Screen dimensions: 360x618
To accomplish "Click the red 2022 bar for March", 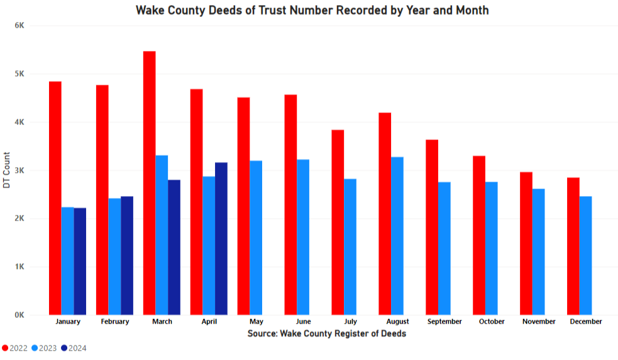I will [x=149, y=183].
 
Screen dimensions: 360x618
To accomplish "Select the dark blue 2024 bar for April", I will [x=221, y=239].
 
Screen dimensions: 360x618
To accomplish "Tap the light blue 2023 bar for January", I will [x=67, y=261].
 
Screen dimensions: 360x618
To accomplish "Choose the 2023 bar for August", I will [x=397, y=236].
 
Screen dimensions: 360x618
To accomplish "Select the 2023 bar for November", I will [x=538, y=251].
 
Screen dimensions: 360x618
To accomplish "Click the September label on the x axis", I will [x=444, y=322].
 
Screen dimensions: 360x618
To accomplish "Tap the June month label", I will [x=303, y=322].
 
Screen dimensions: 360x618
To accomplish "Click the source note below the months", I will [x=326, y=334].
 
